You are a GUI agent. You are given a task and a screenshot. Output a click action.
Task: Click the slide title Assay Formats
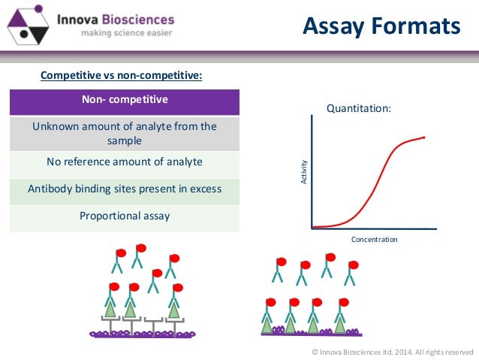(381, 27)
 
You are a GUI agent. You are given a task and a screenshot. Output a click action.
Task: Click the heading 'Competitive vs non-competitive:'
(121, 75)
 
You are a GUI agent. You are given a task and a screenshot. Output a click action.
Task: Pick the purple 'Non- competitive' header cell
(125, 99)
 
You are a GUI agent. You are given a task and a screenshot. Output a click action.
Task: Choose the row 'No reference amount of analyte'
(125, 161)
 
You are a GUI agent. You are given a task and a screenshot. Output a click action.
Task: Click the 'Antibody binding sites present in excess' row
(125, 189)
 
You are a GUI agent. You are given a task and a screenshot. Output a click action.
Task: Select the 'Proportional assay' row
(125, 216)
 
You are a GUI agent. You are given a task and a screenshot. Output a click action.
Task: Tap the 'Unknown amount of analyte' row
(125, 133)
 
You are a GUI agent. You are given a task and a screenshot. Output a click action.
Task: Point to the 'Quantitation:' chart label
(358, 108)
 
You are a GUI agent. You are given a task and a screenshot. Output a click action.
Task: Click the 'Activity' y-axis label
(303, 174)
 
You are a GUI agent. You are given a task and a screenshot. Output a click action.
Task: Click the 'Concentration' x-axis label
(374, 240)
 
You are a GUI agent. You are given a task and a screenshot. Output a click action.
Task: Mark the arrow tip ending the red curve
(424, 138)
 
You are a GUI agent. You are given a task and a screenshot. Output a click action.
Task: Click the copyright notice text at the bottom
(392, 351)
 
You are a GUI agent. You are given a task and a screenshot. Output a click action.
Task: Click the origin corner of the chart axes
(312, 228)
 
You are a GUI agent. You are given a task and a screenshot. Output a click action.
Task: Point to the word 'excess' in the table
(206, 189)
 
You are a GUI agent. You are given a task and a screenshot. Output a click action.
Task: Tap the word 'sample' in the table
(125, 140)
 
